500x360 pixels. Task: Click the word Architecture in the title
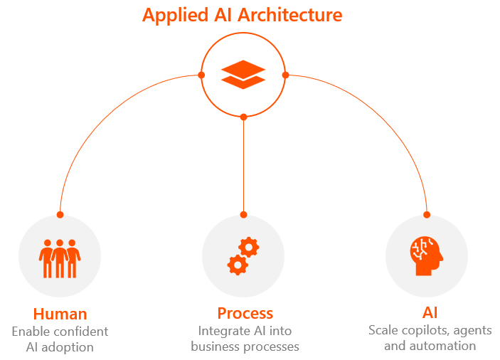[290, 15]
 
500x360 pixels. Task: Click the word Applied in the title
[176, 16]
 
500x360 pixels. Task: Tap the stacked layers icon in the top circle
[243, 75]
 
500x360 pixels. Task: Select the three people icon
[60, 258]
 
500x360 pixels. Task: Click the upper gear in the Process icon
[249, 247]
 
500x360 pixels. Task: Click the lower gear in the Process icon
[238, 265]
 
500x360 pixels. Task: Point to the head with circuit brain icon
[426, 256]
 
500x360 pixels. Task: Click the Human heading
[60, 314]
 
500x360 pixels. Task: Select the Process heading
[245, 313]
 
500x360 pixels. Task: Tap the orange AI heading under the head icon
[430, 312]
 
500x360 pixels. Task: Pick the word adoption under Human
[68, 347]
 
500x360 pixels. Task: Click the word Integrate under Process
[223, 332]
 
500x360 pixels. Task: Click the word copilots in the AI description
[425, 331]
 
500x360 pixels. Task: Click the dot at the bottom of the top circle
[244, 117]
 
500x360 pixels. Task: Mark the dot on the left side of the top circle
[201, 75]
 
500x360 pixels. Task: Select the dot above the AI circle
[427, 215]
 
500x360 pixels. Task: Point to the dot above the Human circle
[60, 215]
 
